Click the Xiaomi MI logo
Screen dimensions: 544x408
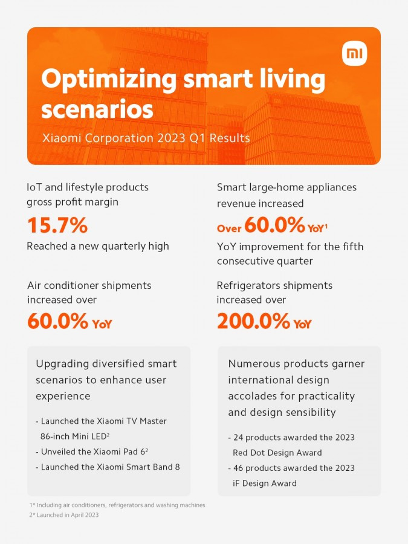click(354, 54)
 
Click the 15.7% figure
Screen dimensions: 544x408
click(57, 225)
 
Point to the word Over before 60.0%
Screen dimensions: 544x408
click(229, 228)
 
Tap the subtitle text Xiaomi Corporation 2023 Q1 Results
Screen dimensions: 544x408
click(146, 138)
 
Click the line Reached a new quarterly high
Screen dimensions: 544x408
click(98, 246)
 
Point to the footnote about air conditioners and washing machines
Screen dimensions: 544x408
click(117, 505)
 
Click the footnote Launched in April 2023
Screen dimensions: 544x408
click(63, 515)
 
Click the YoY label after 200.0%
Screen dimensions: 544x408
click(302, 324)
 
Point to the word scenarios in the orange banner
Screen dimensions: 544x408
click(97, 110)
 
